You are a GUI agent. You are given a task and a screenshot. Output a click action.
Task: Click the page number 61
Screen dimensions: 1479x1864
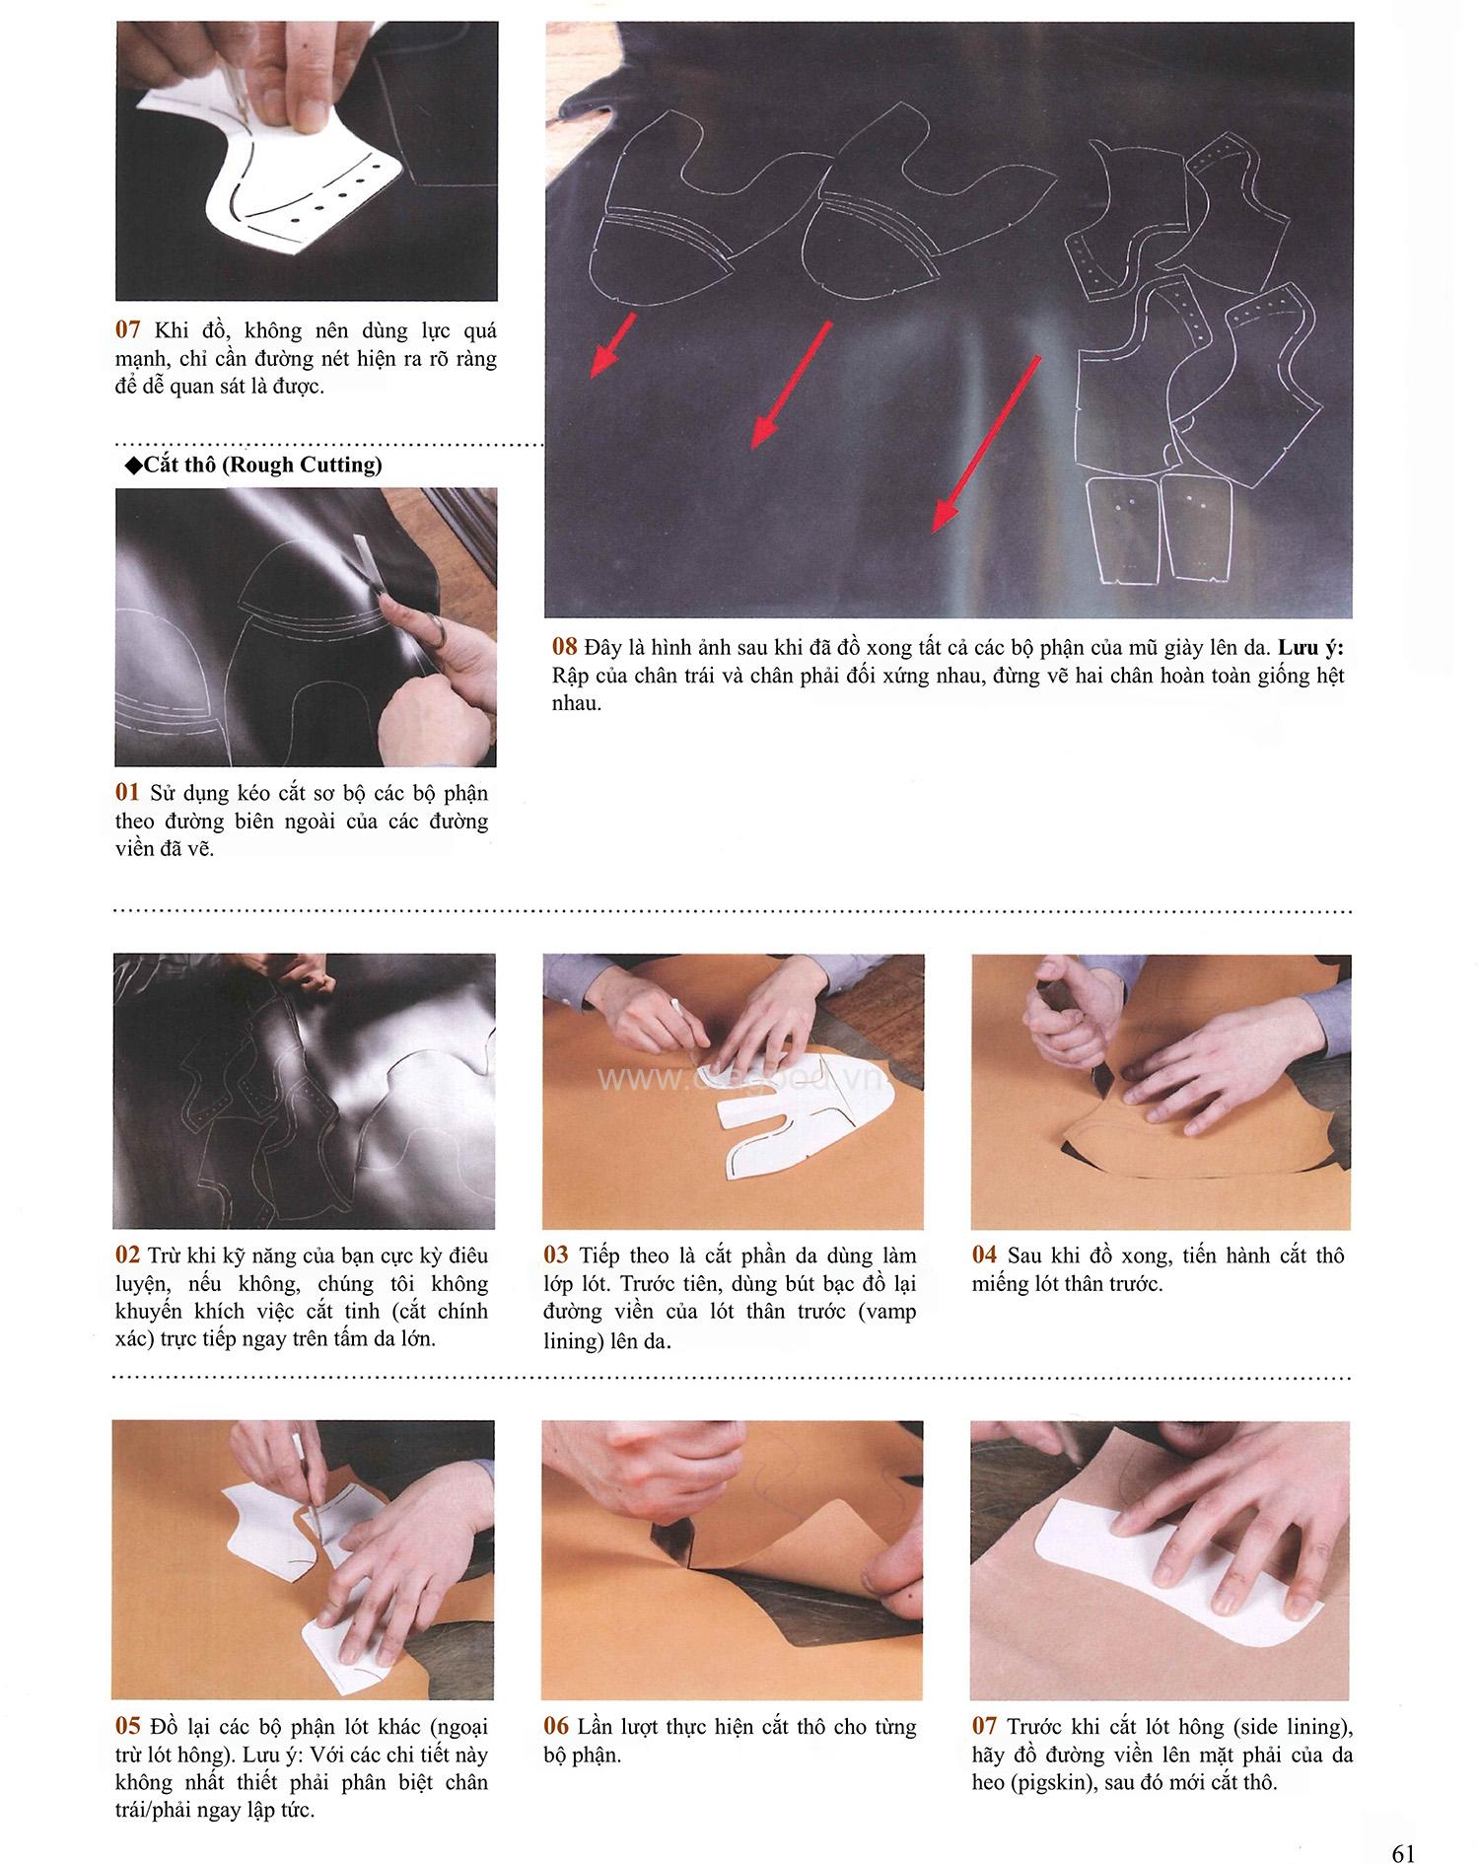(1403, 1826)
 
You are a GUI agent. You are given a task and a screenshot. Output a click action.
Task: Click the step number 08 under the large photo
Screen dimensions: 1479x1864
(565, 648)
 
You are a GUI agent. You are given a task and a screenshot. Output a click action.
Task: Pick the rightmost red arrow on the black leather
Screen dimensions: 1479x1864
(987, 445)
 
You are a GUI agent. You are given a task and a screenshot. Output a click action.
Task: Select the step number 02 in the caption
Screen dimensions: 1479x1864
(128, 1255)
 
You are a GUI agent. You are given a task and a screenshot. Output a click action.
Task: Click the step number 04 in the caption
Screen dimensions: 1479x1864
(984, 1255)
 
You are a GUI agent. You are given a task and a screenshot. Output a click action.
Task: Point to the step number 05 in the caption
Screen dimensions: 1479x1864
(128, 1727)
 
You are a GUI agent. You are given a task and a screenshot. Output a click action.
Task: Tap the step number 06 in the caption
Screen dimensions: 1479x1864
(556, 1727)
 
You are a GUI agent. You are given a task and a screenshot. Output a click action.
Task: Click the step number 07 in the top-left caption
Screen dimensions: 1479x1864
(128, 329)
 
